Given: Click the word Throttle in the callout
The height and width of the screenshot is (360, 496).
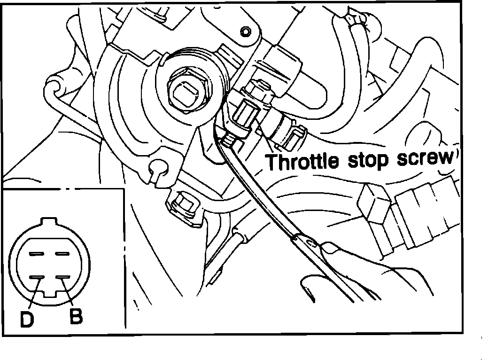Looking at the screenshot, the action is (302, 161).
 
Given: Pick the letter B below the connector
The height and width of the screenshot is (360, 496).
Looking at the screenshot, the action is (76, 317).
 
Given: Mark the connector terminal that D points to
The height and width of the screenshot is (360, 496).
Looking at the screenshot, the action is (37, 277).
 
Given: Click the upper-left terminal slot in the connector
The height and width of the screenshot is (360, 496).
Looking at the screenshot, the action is (37, 254).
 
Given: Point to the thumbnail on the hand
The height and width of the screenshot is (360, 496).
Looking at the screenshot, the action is (333, 247).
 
